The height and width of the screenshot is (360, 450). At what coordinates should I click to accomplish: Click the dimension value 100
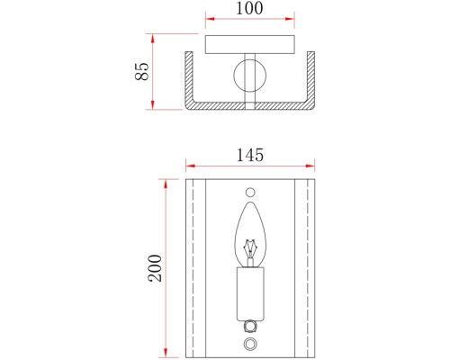point(249,8)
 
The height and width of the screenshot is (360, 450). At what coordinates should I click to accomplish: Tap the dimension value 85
point(141,71)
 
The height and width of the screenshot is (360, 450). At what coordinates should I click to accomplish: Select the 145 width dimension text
point(250,156)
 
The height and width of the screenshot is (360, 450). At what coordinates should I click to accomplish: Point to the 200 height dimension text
point(155,268)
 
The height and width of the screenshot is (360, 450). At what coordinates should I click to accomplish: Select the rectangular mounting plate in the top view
point(250,45)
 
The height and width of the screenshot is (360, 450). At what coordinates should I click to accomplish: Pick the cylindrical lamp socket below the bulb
point(250,294)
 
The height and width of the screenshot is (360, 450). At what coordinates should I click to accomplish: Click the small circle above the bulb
point(250,193)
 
